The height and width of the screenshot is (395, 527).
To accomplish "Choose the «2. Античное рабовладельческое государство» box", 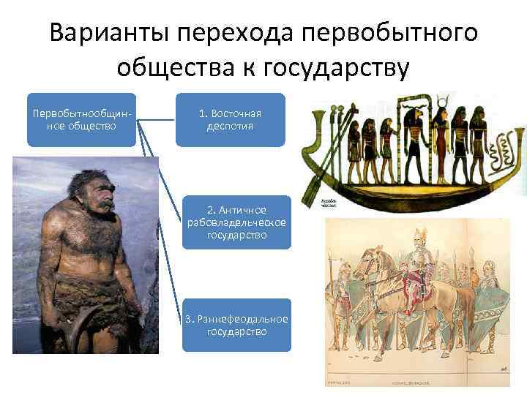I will coord(236,222).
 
